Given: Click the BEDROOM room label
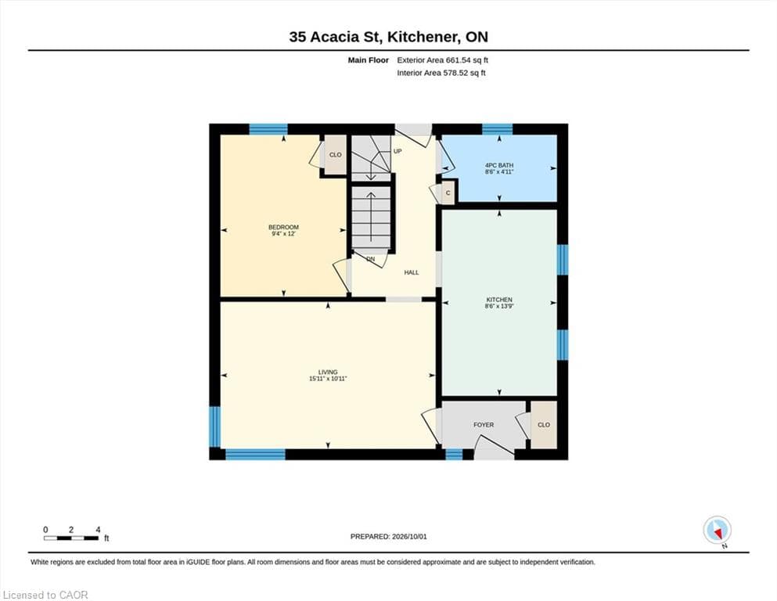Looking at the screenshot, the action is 283,228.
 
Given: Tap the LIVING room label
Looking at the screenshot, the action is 328,372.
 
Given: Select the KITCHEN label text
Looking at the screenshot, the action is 499,300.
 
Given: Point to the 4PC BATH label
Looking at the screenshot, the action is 499,165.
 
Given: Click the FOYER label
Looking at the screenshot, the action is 484,425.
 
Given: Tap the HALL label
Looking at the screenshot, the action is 412,272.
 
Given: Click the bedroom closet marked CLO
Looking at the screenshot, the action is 336,155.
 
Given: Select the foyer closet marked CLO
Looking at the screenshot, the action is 544,425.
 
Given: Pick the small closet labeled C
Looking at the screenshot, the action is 448,193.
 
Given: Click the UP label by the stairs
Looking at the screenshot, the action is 397,151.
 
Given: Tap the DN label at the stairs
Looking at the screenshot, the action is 371,259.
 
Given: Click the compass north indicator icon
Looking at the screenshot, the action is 717,530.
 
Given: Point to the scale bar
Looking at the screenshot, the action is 71,538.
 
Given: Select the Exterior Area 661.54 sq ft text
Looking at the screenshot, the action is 443,60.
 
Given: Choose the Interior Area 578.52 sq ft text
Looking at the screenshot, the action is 441,73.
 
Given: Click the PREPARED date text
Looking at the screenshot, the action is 388,537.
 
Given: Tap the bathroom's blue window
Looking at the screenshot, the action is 498,129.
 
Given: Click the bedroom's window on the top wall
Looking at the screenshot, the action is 268,129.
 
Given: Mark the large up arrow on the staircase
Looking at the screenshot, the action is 371,215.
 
